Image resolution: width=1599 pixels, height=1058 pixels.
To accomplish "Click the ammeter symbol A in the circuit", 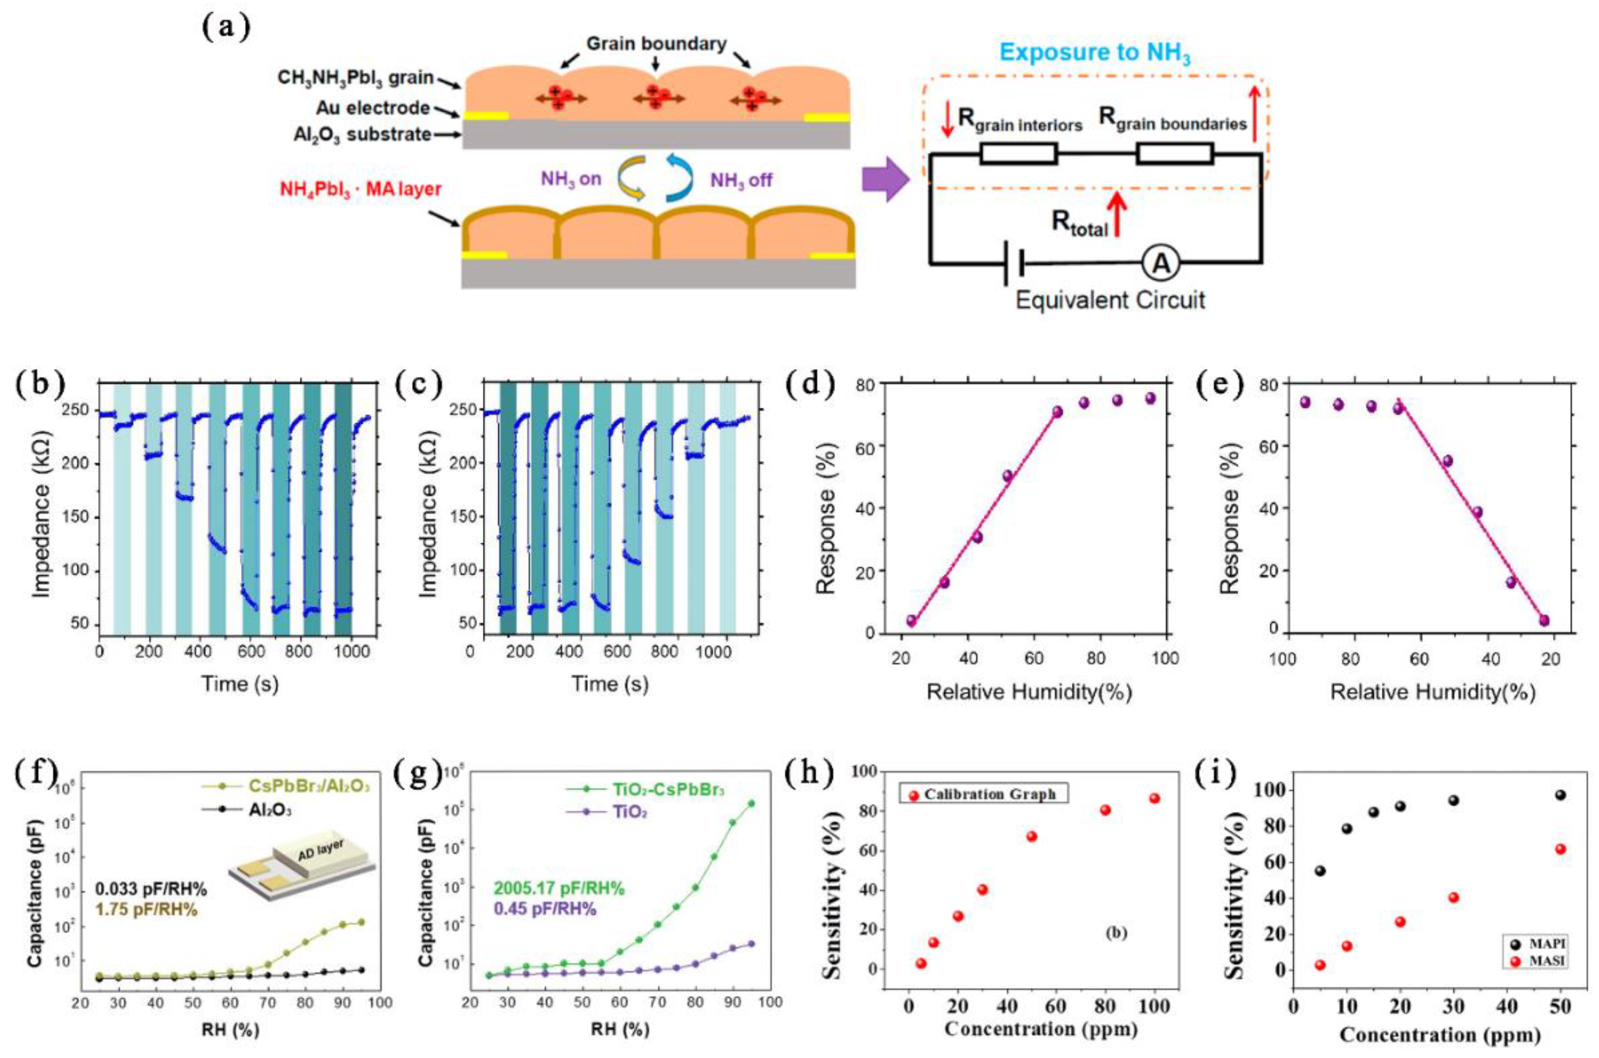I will click(x=1160, y=264).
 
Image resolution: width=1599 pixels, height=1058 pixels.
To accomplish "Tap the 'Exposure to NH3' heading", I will click(x=1095, y=53).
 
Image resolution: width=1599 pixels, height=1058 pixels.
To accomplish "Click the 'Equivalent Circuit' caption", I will click(x=1110, y=300).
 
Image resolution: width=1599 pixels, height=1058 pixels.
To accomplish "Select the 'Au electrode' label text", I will click(x=373, y=108).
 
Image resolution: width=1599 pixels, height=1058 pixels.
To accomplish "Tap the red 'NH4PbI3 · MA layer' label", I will click(x=360, y=188).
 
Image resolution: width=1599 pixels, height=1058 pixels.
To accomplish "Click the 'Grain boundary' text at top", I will click(x=656, y=44).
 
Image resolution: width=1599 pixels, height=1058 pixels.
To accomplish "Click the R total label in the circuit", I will click(x=1080, y=222).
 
